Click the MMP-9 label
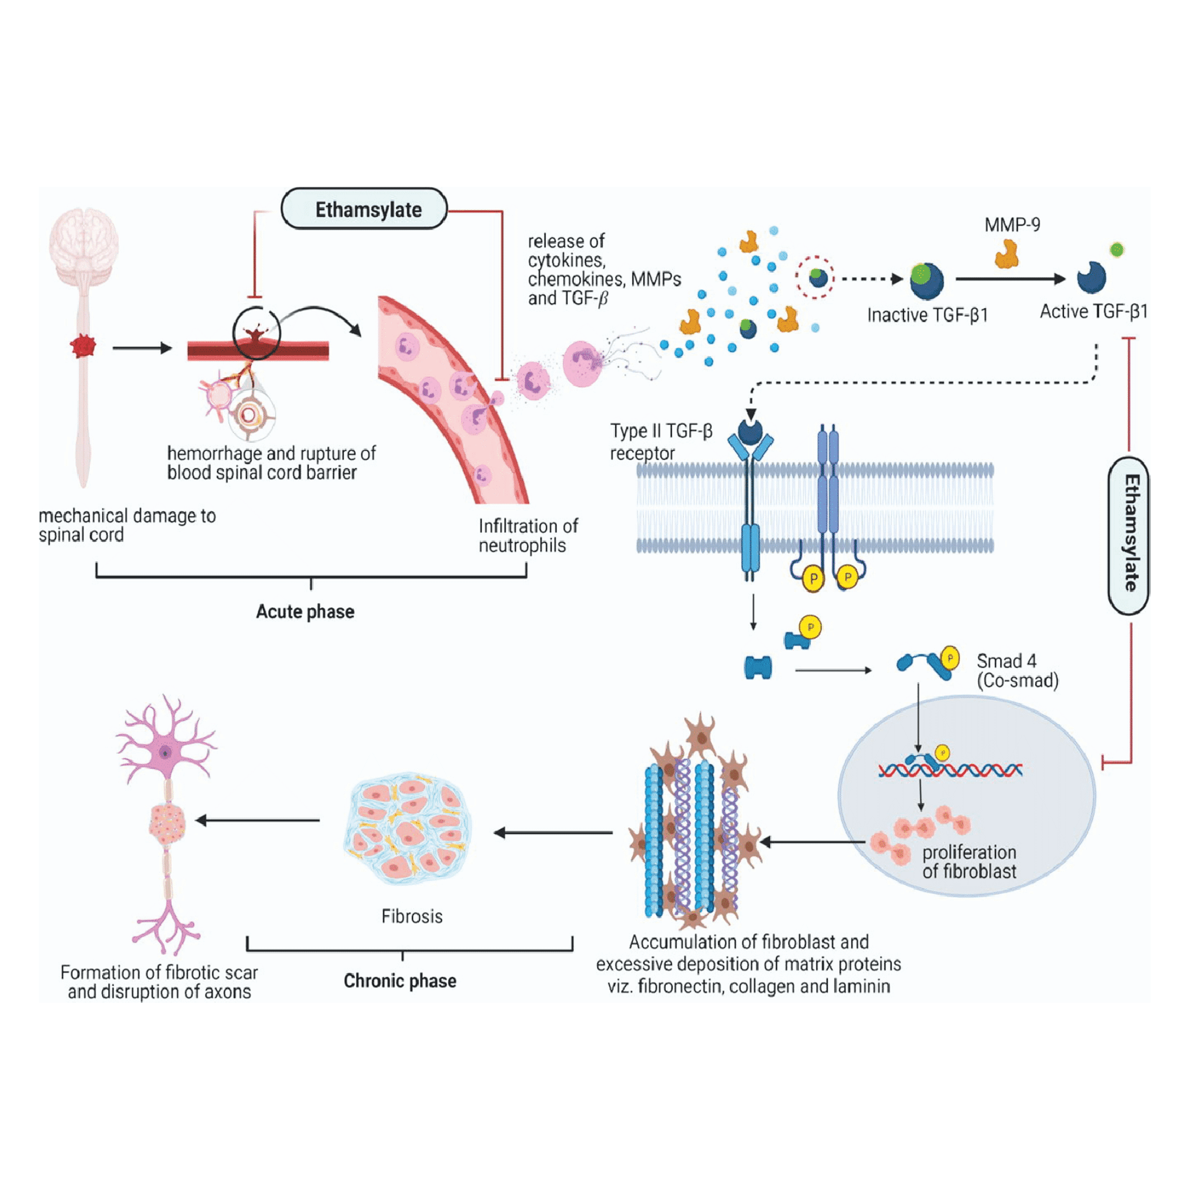[x=1012, y=225]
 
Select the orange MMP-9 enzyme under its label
[x=1006, y=254]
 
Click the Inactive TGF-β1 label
[x=927, y=315]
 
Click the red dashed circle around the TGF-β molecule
[x=814, y=278]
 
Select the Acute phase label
[x=305, y=612]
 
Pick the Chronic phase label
[x=400, y=981]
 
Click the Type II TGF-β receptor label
[x=660, y=441]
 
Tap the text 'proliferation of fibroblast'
[x=969, y=861]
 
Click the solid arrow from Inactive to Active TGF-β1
[x=1010, y=279]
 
